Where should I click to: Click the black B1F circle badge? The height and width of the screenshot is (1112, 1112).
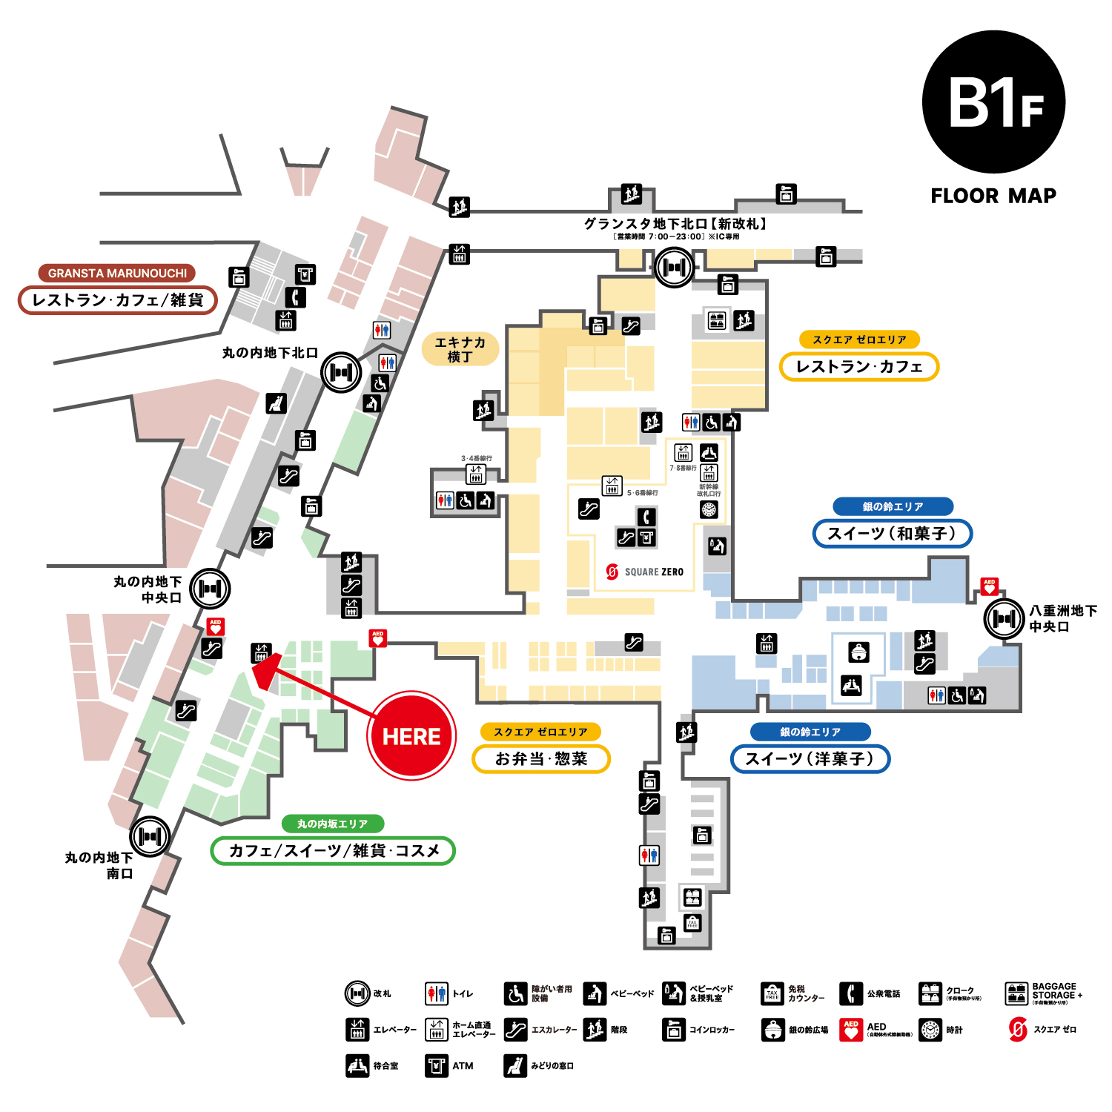[x=993, y=102]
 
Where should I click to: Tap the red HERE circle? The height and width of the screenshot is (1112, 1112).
[x=411, y=736]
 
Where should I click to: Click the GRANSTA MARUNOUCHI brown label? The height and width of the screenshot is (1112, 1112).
[x=117, y=273]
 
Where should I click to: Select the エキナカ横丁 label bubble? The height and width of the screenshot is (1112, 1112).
[x=460, y=349]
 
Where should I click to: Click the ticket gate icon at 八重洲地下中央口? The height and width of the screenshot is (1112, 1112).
[x=1004, y=618]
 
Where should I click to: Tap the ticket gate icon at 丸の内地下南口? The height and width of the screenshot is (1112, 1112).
[x=150, y=836]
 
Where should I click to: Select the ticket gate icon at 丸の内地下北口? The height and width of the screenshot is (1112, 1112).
[x=340, y=372]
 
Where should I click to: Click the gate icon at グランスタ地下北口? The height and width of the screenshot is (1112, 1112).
[x=674, y=267]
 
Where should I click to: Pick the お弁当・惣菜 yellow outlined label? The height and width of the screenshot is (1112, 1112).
[x=541, y=758]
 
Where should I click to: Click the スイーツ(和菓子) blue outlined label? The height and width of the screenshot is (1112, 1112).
[x=892, y=533]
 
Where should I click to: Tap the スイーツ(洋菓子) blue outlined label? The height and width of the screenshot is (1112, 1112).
[x=810, y=758]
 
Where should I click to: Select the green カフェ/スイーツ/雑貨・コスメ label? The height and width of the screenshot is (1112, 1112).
[x=333, y=850]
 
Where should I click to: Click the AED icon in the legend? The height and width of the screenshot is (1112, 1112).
[x=851, y=1030]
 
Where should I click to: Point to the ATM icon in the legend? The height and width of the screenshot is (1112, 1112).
[x=437, y=1066]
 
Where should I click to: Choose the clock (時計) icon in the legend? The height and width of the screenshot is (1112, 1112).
[x=930, y=1030]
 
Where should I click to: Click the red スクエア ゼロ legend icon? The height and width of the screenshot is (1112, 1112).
[x=1019, y=1030]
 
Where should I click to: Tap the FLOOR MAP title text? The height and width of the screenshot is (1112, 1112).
[x=993, y=196]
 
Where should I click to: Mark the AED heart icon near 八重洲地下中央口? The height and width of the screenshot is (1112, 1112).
[x=989, y=586]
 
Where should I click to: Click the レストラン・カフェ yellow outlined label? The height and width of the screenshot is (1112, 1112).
[x=858, y=366]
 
